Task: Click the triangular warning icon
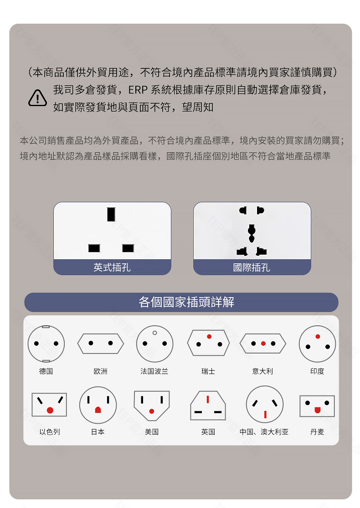coord(37,98)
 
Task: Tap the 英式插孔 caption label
coord(112,267)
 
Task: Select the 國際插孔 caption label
coord(252,267)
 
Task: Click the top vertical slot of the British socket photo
coord(111,214)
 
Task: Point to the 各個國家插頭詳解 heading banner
coord(181,302)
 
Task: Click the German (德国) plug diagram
coord(46,344)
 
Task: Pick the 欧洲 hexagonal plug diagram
coord(101,344)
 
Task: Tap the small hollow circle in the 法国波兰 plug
coord(154,333)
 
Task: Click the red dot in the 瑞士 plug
coord(209,337)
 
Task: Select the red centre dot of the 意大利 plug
coord(263,344)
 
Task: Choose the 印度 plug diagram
coord(317,344)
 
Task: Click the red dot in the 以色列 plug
coord(50,411)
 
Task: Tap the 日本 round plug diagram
coord(98,405)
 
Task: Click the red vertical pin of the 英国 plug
coord(208,400)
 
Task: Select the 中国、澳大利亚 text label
coord(264,432)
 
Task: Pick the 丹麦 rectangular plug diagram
coord(317,406)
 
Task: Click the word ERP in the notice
coord(138,90)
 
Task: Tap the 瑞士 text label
coord(208,371)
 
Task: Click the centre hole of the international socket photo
coord(252,233)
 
